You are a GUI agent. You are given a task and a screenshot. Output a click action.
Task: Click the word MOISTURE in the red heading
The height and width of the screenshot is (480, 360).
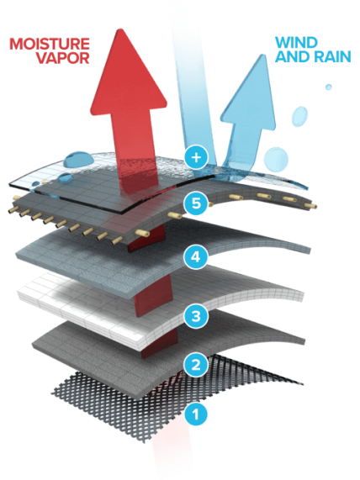pyautogui.click(x=50, y=44)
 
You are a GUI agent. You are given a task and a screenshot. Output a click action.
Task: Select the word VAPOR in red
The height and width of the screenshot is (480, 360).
pyautogui.click(x=63, y=58)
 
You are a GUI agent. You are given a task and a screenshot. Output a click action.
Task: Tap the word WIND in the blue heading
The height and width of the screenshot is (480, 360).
pyautogui.click(x=296, y=43)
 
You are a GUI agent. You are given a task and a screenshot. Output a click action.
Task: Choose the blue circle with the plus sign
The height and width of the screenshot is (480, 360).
pyautogui.click(x=196, y=157)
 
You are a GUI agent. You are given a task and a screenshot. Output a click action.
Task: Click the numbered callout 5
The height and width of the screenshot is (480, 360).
pyautogui.click(x=196, y=203)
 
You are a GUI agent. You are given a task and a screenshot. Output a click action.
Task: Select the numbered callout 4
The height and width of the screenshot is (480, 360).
pyautogui.click(x=196, y=256)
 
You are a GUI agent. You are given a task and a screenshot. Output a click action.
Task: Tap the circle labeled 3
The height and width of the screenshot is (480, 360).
pyautogui.click(x=196, y=316)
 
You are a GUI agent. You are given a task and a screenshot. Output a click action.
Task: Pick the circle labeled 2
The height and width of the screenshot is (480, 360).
pyautogui.click(x=196, y=364)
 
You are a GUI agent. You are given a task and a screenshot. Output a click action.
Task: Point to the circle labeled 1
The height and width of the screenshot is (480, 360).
pyautogui.click(x=196, y=414)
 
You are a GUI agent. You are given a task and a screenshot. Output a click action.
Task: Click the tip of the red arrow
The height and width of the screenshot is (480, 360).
pyautogui.click(x=121, y=29)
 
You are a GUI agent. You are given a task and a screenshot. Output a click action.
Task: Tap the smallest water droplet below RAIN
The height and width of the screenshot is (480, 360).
pyautogui.click(x=328, y=87)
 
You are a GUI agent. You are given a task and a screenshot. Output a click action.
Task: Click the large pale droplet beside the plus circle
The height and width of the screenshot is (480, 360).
pyautogui.click(x=276, y=159)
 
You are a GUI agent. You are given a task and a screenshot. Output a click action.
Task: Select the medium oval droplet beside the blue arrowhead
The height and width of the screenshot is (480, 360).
pyautogui.click(x=299, y=116)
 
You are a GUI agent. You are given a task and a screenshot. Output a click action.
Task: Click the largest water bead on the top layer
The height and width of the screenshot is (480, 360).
pyautogui.click(x=79, y=159)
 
